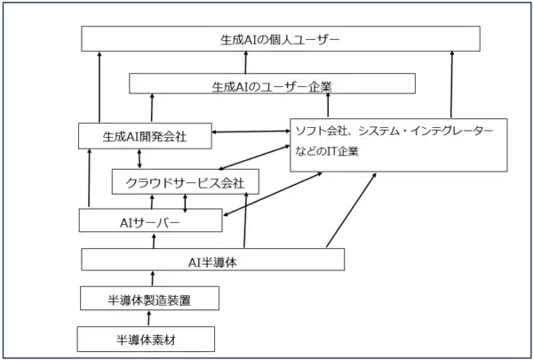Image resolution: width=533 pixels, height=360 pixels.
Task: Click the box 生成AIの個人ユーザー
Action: (281, 39)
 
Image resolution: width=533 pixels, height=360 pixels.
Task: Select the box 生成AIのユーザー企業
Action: (272, 84)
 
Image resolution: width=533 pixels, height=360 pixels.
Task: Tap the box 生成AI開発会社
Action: (144, 136)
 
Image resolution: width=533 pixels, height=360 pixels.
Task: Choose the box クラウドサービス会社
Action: (185, 183)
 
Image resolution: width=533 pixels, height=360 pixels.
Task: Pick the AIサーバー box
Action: (149, 220)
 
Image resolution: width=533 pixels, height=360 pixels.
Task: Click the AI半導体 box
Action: (212, 260)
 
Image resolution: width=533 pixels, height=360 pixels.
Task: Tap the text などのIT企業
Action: (328, 150)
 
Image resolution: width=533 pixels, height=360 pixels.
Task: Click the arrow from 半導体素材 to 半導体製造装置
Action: (149, 318)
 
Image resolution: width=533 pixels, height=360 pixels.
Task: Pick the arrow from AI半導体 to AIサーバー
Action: (152, 240)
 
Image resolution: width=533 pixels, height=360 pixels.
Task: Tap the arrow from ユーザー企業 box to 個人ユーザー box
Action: (248, 62)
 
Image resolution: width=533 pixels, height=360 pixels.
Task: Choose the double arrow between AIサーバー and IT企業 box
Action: (271, 194)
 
